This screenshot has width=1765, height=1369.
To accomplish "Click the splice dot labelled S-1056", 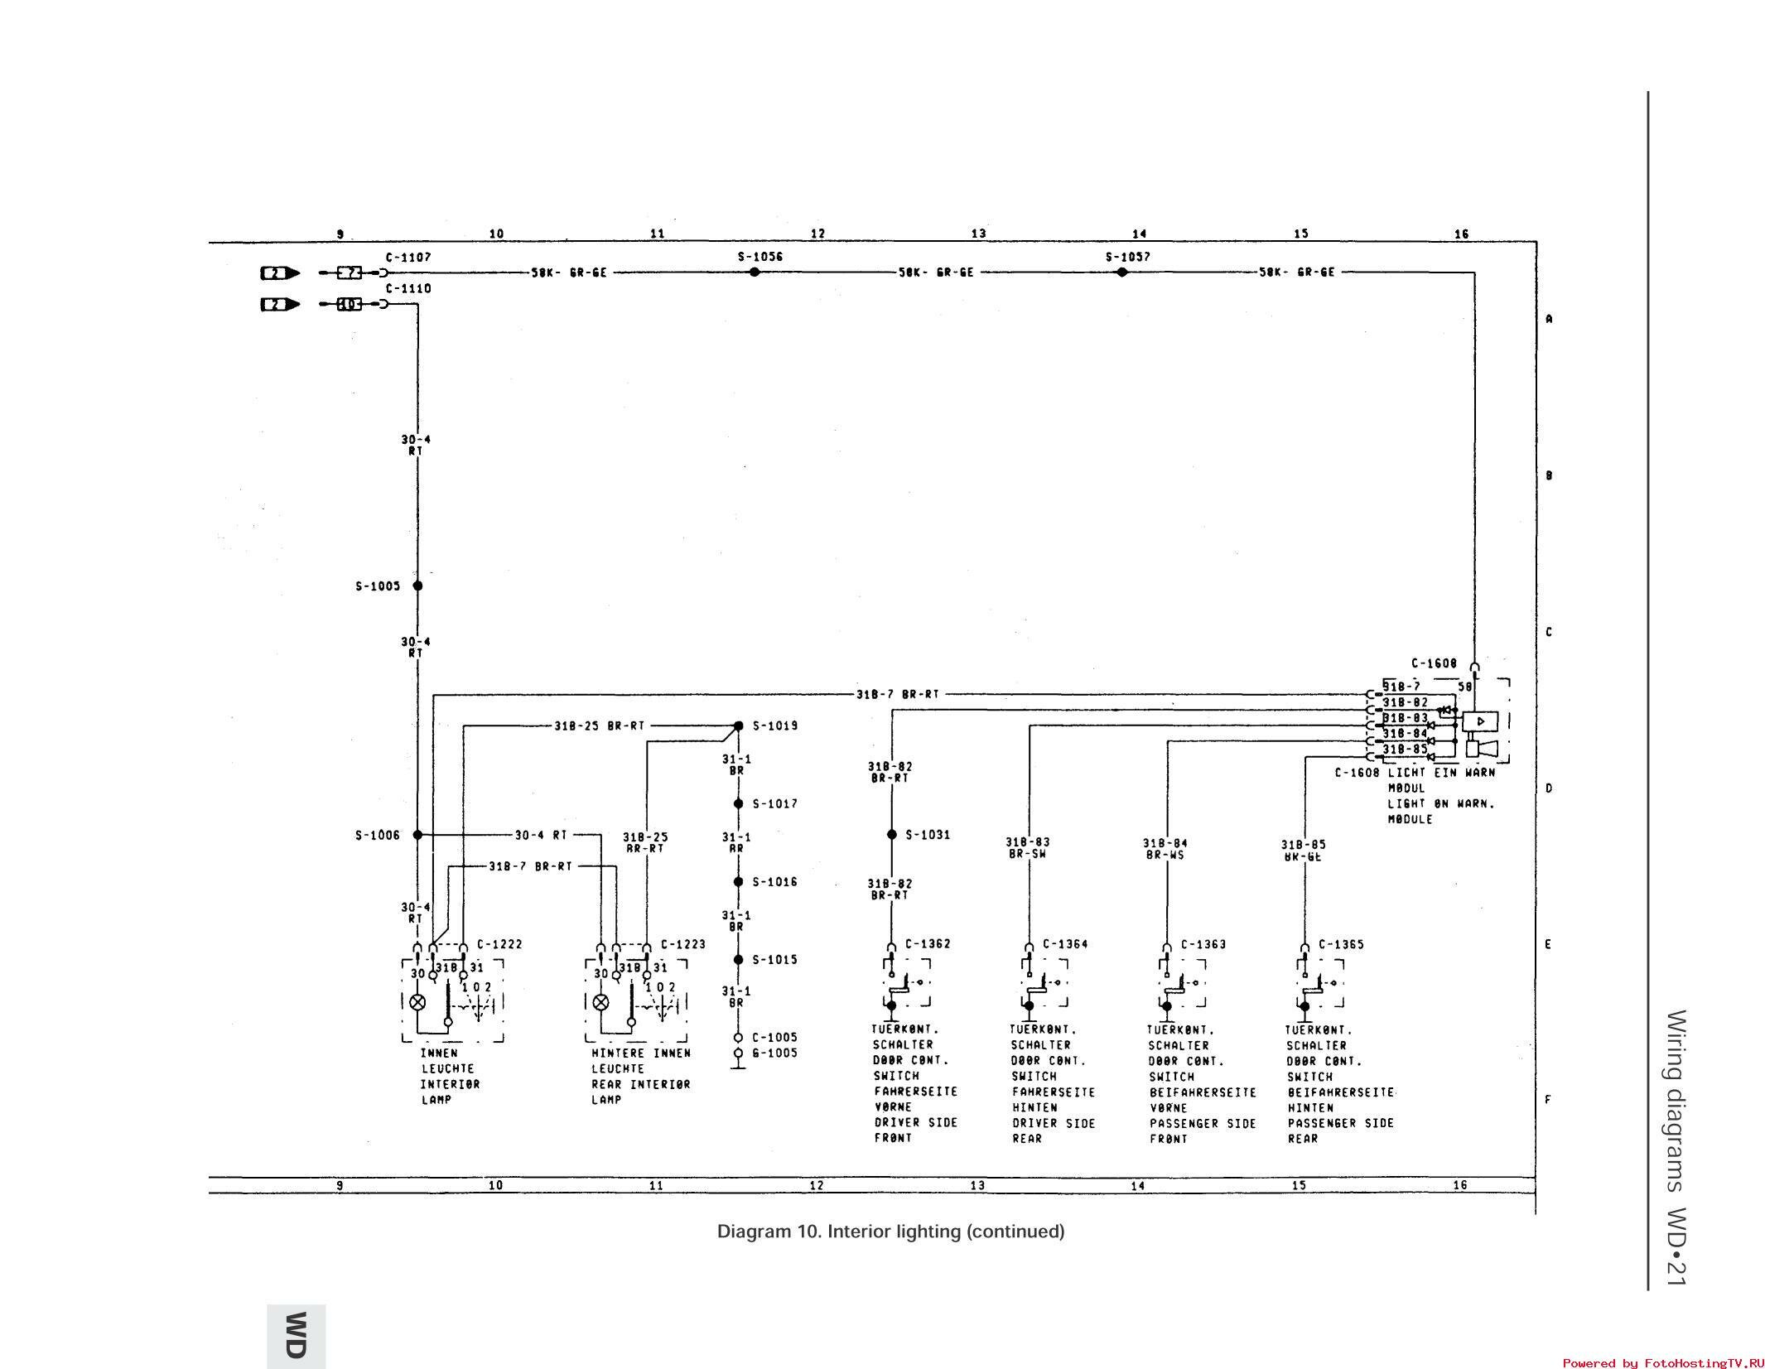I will click(754, 272).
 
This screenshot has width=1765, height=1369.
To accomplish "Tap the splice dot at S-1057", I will click(1121, 272).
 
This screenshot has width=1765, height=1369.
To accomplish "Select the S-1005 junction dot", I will click(417, 586).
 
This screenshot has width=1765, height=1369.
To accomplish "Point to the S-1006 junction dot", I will click(417, 835).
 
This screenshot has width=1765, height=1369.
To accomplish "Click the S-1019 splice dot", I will click(738, 725).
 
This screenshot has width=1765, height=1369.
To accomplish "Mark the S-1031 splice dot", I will click(891, 835).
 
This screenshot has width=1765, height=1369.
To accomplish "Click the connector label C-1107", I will click(408, 258).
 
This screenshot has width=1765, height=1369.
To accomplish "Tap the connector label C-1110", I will click(408, 288).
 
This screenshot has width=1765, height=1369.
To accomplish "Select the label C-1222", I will click(499, 944).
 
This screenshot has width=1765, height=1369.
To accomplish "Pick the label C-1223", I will click(683, 944).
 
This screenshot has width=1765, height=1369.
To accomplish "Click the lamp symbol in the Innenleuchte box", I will click(417, 1002).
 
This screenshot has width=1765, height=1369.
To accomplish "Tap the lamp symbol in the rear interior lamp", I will click(601, 1002).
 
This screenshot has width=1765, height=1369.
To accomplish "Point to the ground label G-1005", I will click(774, 1053).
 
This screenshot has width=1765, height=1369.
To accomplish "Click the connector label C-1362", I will click(928, 944).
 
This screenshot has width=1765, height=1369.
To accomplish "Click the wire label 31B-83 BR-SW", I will click(1028, 847).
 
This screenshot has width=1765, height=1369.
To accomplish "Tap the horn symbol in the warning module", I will click(1483, 749).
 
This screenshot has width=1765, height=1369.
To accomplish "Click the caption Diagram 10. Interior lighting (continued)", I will click(890, 1232).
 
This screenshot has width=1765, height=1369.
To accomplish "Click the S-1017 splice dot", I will click(738, 803).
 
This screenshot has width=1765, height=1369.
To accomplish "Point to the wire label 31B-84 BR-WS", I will click(1165, 848).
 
